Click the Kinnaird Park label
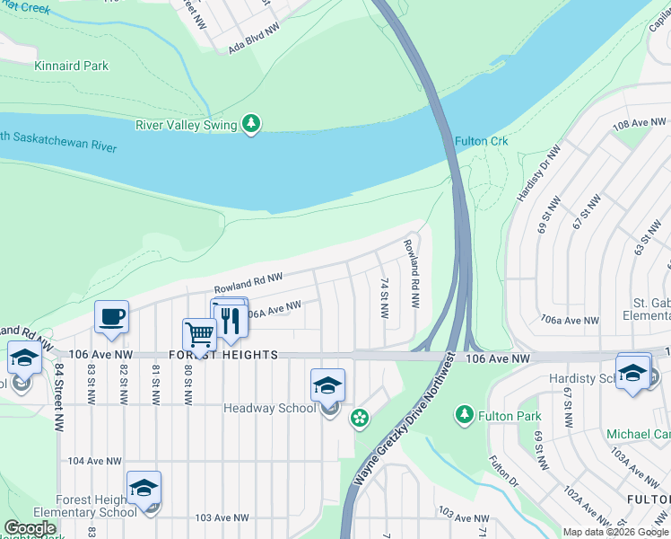71,66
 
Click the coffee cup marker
111,317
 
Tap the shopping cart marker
199,335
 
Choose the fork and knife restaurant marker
231,320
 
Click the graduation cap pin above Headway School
327,385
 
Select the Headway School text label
269,409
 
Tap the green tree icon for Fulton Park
464,415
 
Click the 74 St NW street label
384,299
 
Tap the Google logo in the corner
30,528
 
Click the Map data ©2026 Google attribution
615,532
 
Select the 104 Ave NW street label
94,461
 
